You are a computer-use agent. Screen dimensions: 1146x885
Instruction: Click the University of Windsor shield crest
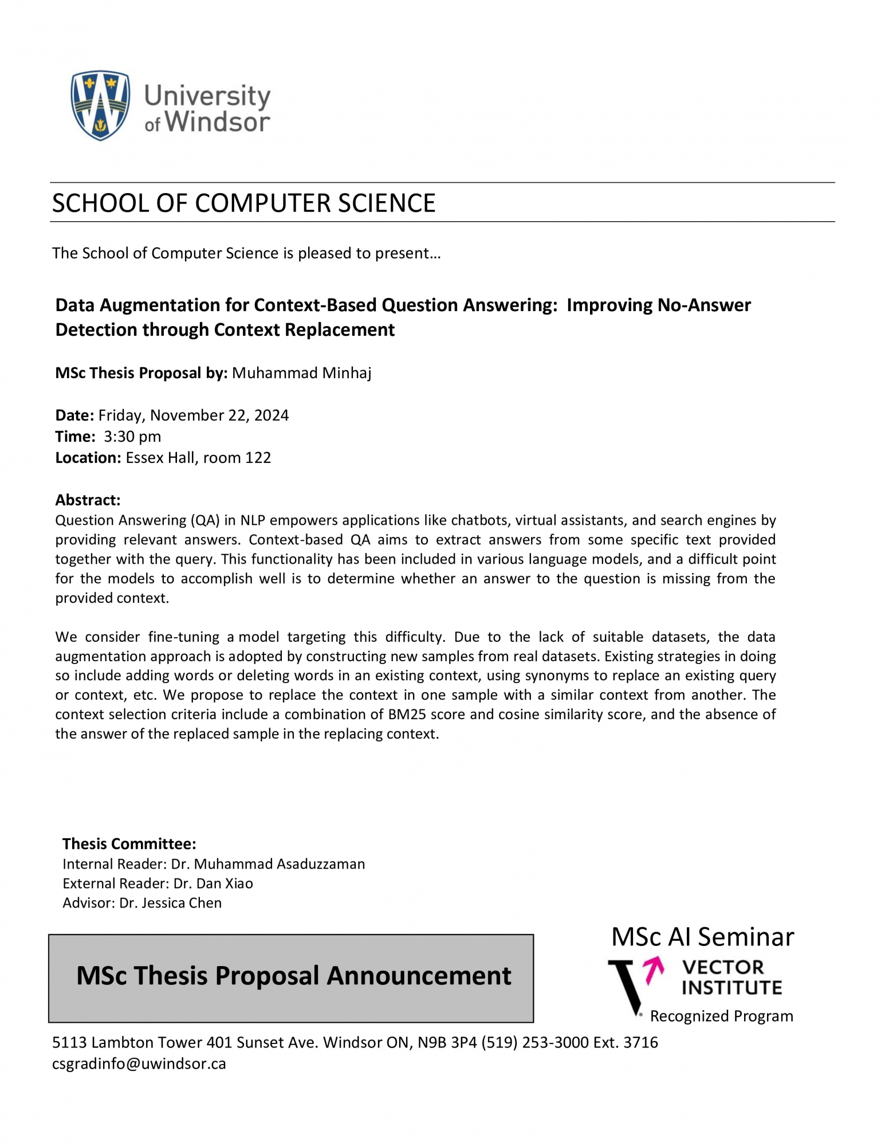(x=100, y=105)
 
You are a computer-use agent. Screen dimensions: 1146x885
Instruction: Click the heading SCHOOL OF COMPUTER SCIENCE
(x=243, y=203)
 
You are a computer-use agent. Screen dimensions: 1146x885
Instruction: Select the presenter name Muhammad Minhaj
(x=301, y=373)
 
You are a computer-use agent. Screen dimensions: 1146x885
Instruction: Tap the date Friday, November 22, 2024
(x=193, y=415)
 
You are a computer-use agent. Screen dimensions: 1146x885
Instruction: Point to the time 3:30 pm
(x=132, y=437)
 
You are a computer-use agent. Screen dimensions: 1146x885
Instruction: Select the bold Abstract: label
(x=88, y=500)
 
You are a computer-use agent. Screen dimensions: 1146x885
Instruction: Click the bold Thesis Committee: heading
(x=129, y=844)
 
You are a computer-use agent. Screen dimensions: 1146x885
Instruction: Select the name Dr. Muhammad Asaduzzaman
(x=268, y=864)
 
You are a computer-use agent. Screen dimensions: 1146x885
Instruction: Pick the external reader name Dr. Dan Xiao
(x=213, y=884)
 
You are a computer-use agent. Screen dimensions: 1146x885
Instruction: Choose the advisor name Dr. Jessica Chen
(x=170, y=903)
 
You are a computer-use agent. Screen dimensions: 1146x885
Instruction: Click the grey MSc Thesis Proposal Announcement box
(x=291, y=976)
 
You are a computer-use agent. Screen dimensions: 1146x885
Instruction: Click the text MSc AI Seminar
(x=702, y=937)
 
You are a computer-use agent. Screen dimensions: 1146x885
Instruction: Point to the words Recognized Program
(x=721, y=1016)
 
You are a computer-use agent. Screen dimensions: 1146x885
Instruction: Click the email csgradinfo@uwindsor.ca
(x=139, y=1064)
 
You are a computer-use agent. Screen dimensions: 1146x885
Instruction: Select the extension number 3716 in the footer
(x=640, y=1042)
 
